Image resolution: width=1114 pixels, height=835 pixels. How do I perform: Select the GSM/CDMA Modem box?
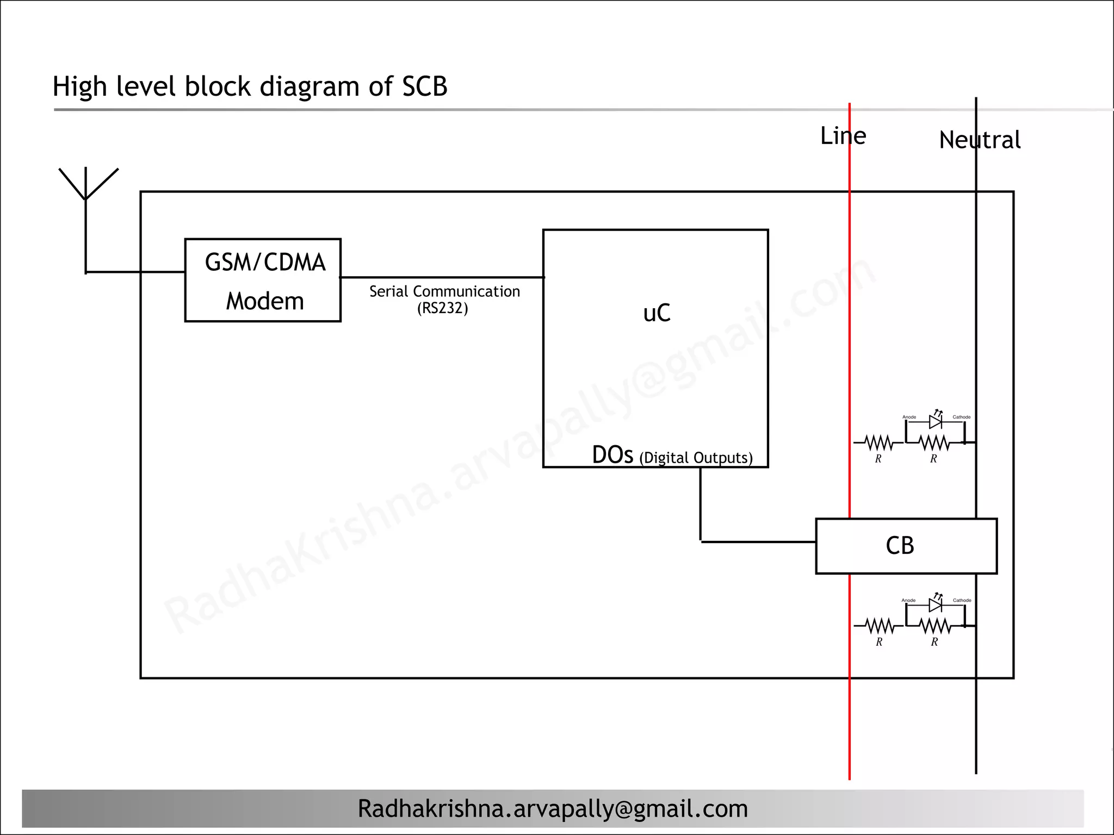click(263, 281)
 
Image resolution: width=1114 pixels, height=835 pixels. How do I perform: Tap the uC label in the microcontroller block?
click(657, 314)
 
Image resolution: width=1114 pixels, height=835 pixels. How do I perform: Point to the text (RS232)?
click(442, 309)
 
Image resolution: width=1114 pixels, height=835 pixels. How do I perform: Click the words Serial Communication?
click(444, 292)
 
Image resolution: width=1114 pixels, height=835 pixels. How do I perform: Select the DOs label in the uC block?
click(612, 456)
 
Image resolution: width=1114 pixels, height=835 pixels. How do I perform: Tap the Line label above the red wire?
click(843, 136)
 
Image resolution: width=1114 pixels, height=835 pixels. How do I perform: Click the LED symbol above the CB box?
click(936, 421)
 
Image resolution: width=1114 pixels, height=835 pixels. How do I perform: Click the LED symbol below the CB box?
click(936, 605)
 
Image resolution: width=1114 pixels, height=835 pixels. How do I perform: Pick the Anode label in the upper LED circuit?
click(909, 417)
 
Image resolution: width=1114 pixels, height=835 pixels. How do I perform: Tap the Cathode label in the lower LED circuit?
click(962, 600)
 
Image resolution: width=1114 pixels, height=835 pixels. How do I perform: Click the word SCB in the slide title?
click(425, 86)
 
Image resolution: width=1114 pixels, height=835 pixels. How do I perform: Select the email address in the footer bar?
click(552, 809)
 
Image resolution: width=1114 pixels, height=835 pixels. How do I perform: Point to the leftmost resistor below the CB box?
click(879, 626)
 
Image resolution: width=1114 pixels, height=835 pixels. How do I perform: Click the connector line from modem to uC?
click(442, 277)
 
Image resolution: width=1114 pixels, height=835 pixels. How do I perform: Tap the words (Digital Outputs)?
click(696, 458)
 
